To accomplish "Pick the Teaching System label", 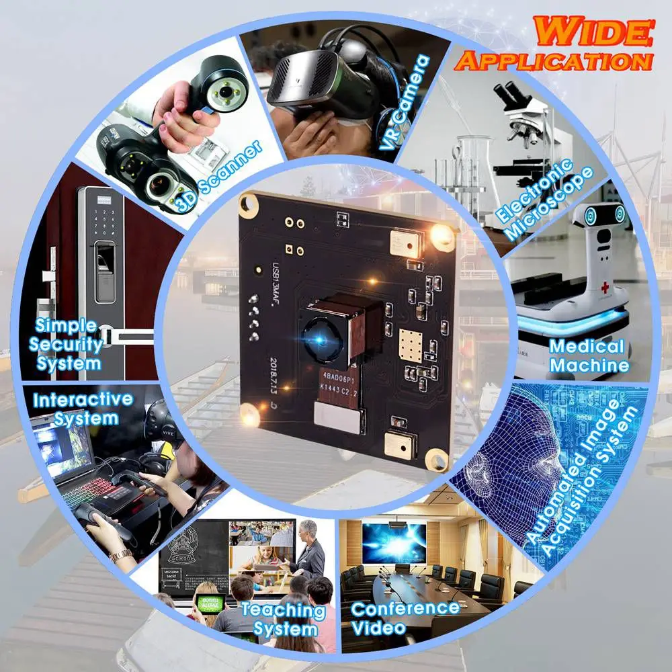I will click(282, 619).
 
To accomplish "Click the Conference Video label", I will click(405, 618).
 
